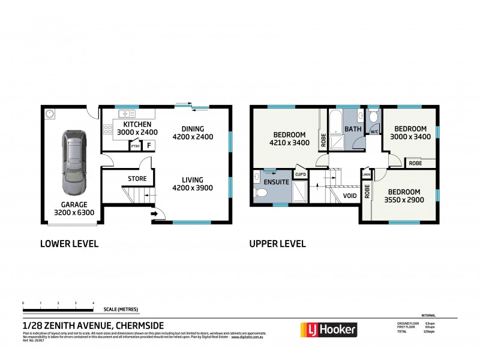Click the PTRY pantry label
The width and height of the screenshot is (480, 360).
pyautogui.click(x=135, y=145)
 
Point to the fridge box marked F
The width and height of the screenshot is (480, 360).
pyautogui.click(x=148, y=145)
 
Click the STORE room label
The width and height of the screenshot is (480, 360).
pyautogui.click(x=137, y=178)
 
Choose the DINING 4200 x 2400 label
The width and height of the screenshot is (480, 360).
pyautogui.click(x=194, y=133)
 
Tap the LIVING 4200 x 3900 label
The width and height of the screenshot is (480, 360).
pyautogui.click(x=194, y=184)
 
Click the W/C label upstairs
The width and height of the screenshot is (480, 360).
pyautogui.click(x=374, y=131)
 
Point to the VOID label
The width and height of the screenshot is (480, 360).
pyautogui.click(x=350, y=196)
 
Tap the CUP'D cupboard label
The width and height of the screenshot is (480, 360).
pyautogui.click(x=301, y=175)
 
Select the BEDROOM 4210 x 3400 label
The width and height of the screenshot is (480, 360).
pyautogui.click(x=290, y=139)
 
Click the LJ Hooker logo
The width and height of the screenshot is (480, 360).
pyautogui.click(x=328, y=329)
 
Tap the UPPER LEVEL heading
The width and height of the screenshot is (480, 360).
pyautogui.click(x=278, y=244)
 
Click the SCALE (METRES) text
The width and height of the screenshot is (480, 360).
pyautogui.click(x=121, y=309)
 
